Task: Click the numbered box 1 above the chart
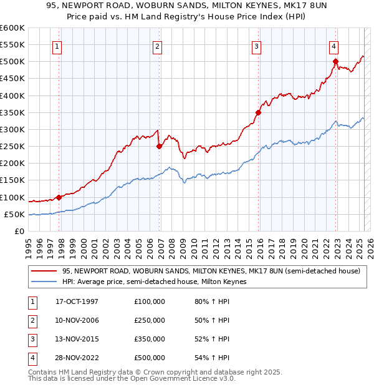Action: pos(57,46)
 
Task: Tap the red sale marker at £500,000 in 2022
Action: pos(335,61)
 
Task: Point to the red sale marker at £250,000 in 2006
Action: pos(159,147)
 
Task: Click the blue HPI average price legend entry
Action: pos(154,282)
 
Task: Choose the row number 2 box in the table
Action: pos(31,320)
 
